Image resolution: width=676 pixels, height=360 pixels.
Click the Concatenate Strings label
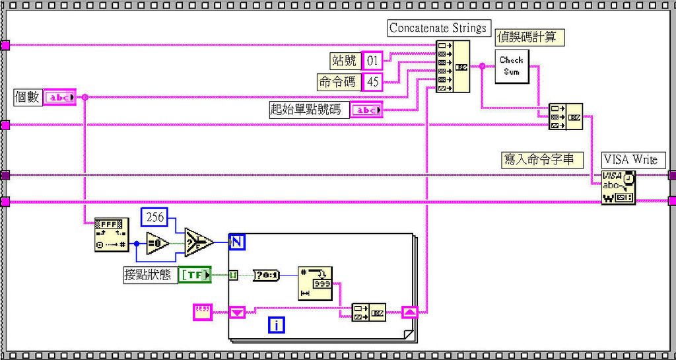[x=438, y=28]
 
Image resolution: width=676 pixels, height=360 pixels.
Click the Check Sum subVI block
[x=512, y=65]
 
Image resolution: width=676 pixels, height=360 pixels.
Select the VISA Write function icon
[x=618, y=187]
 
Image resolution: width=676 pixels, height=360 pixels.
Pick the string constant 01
[x=373, y=61]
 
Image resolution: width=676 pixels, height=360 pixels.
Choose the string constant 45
[x=373, y=82]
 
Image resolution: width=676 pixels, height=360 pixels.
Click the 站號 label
[x=344, y=61]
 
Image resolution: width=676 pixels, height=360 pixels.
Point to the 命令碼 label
[x=337, y=82]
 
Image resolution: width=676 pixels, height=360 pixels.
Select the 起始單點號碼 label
[x=306, y=110]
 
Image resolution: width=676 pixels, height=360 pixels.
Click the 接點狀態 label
[x=147, y=274]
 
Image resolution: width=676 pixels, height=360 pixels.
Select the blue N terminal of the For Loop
[x=237, y=242]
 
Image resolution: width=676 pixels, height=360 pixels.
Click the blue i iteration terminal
[x=276, y=324]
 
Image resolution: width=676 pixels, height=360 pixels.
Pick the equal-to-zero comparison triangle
[x=158, y=243]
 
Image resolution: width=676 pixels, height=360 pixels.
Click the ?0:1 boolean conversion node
[x=266, y=275]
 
